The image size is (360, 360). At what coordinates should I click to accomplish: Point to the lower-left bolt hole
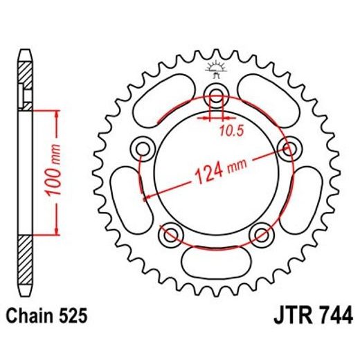pos(170,236)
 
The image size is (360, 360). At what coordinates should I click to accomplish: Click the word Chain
pos(32,317)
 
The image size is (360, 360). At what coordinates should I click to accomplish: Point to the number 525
pos(73,317)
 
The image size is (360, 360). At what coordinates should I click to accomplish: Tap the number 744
pos(334,317)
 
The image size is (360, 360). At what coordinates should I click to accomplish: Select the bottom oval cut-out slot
pos(215,264)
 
